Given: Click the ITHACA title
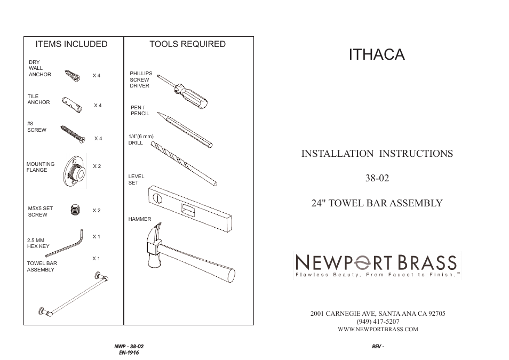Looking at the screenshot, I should [x=377, y=54].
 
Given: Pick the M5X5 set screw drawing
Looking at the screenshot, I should [x=75, y=210].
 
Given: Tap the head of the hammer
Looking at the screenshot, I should [x=154, y=246].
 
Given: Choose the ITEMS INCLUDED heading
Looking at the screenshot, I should [x=71, y=44].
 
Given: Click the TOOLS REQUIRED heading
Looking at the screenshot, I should [x=187, y=44].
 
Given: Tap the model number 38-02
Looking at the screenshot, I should [x=377, y=178].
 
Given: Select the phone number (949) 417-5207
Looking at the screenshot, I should [x=378, y=322].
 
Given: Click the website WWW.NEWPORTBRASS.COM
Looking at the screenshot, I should [x=378, y=330].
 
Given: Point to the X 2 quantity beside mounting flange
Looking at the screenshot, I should [x=97, y=166].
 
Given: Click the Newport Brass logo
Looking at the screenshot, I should [x=377, y=266].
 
